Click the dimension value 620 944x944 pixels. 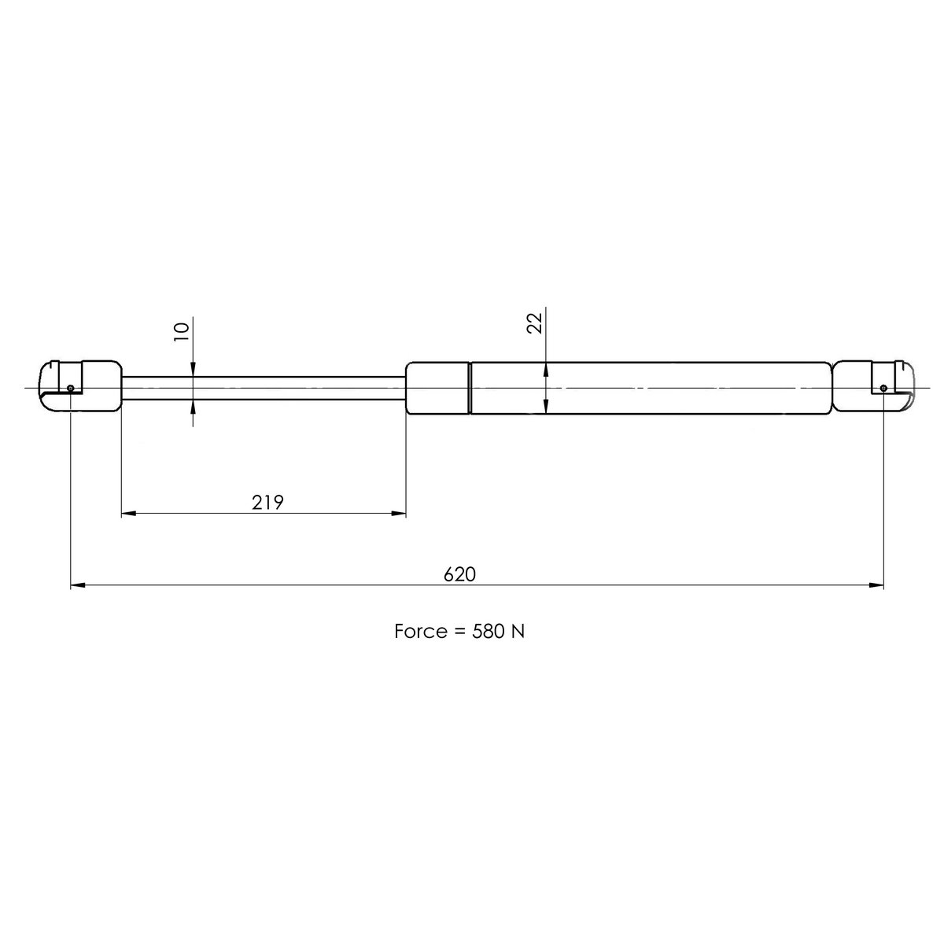(460, 574)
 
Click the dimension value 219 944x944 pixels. (267, 503)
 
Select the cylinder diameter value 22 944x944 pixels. (536, 323)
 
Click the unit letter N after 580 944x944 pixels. (518, 632)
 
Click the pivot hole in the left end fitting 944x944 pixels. (71, 388)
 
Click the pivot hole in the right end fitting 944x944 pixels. (883, 388)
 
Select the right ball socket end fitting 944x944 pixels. (873, 386)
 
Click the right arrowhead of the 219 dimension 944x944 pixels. (399, 514)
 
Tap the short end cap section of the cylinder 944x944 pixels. (437, 387)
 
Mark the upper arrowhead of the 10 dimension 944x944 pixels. (193, 370)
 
